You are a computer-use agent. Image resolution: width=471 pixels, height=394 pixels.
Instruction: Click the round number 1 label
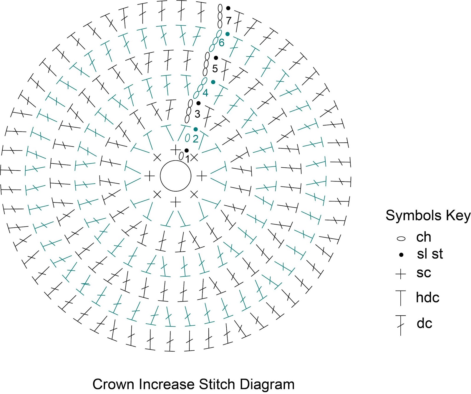188,159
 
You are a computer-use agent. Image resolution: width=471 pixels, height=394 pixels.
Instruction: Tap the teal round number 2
195,139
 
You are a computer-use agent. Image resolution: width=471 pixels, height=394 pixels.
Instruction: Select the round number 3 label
197,114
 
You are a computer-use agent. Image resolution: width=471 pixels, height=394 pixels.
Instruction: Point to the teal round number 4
205,93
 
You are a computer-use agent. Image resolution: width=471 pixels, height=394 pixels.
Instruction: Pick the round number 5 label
215,69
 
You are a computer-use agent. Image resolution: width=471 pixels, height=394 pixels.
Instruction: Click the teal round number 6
222,43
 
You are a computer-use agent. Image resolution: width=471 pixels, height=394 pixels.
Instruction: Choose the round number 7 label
229,21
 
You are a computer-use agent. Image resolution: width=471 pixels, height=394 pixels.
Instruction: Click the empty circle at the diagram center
175,176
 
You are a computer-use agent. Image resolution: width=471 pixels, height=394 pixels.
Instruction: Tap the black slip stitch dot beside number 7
228,8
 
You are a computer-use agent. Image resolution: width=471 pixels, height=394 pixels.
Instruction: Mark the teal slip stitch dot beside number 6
227,34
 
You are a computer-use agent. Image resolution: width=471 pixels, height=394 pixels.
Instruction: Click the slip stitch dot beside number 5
216,58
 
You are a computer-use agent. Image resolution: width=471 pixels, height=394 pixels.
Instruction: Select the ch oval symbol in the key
401,238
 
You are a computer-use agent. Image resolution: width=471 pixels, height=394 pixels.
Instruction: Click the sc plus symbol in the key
401,274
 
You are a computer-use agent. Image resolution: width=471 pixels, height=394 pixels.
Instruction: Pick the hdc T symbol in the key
401,298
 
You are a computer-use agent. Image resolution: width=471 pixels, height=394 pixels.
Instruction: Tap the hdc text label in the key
427,298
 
